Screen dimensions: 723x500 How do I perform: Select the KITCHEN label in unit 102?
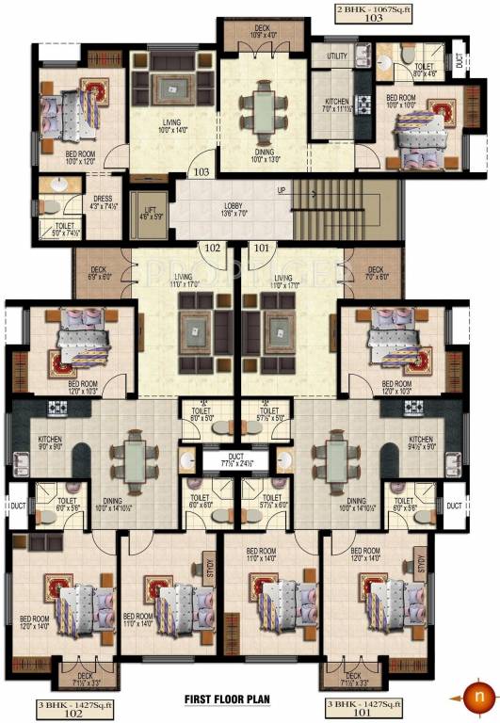[x=48, y=439]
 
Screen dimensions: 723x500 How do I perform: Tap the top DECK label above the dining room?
[x=265, y=29]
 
